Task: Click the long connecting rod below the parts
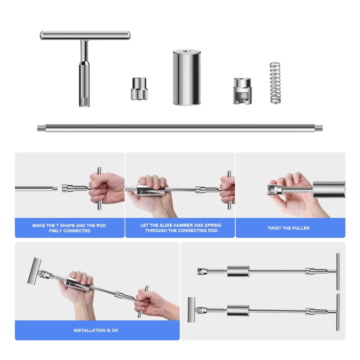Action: [180, 128]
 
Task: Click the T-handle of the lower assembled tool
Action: [337, 311]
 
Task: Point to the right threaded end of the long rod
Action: [320, 128]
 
